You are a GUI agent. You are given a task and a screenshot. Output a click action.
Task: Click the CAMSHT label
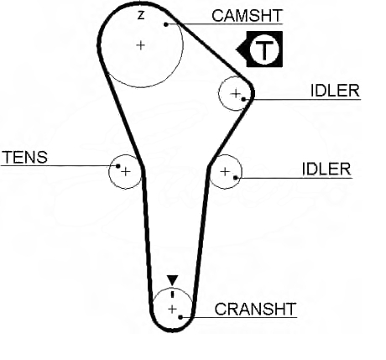point(247,16)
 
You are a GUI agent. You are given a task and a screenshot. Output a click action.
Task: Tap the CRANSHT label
point(255,309)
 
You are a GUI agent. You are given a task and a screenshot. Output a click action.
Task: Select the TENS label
point(25,157)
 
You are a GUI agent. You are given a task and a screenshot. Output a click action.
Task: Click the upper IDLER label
point(335,91)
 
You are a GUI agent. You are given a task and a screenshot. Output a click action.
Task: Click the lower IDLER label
point(326,170)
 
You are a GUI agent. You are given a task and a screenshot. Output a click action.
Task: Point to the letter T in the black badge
point(264,51)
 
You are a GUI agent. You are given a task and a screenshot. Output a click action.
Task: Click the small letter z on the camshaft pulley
point(141,15)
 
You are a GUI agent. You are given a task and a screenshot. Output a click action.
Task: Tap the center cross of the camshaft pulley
point(141,45)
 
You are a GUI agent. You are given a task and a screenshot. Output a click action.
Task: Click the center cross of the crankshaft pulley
point(173,309)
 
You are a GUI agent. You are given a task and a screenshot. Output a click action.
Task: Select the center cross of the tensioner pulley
point(126,171)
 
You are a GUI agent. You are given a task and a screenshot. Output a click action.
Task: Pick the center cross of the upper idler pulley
point(236,93)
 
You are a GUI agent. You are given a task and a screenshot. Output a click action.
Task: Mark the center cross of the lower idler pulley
point(225,171)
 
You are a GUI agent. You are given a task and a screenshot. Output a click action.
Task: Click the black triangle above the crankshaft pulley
point(173,280)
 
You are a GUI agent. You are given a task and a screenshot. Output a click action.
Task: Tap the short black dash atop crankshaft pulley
point(173,295)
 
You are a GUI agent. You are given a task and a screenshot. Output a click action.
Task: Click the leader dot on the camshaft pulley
point(166,24)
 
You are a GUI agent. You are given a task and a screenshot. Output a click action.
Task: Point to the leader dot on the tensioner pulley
point(118,166)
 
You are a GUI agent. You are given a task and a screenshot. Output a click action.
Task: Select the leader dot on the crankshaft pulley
point(180,317)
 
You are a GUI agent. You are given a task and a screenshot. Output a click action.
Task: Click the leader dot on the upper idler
point(243,99)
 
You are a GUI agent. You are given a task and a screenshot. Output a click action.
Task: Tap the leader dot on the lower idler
point(236,177)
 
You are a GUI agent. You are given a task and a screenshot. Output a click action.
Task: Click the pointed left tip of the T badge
point(237,50)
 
